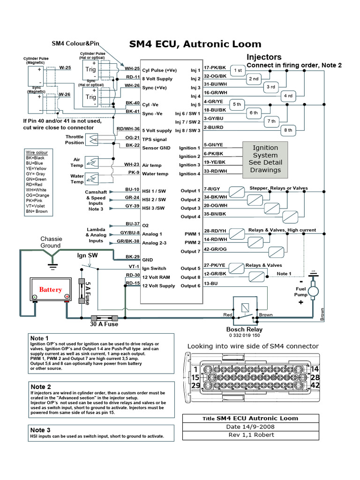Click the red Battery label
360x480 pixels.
tap(50, 290)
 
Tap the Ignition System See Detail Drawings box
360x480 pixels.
tap(265, 159)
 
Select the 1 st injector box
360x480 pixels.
tap(238, 70)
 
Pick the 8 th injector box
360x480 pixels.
tap(288, 130)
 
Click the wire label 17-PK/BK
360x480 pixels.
tap(215, 67)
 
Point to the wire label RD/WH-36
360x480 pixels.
tap(128, 129)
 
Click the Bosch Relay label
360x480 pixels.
tap(244, 329)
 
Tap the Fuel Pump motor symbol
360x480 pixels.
tap(314, 291)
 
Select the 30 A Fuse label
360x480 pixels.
tap(104, 324)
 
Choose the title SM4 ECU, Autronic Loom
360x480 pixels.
tap(195, 45)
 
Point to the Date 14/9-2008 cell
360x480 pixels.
tap(243, 427)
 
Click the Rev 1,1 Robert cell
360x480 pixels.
tap(243, 435)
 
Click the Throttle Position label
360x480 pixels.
tap(75, 140)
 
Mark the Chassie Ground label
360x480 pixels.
tap(51, 242)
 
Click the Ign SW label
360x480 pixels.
tap(87, 255)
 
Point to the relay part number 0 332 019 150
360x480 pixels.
tap(244, 336)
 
